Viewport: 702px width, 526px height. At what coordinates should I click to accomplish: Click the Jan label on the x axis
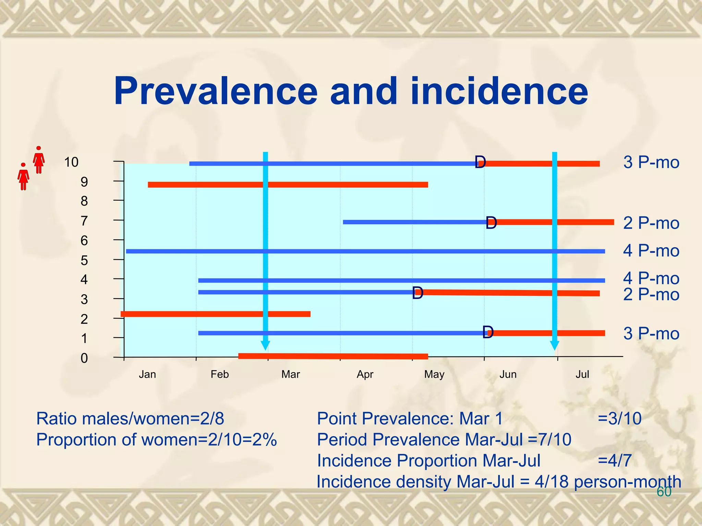(147, 374)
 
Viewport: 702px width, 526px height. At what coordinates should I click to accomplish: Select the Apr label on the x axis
(365, 374)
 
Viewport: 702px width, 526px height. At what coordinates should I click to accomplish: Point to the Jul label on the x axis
(582, 374)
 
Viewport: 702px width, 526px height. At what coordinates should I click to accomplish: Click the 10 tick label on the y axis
(71, 162)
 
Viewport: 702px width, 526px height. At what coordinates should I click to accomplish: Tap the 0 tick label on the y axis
(84, 359)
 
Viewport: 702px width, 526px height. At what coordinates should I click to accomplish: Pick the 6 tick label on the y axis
(84, 241)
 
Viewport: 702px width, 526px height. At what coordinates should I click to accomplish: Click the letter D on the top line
(480, 162)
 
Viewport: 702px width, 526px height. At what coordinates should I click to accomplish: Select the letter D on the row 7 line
(491, 223)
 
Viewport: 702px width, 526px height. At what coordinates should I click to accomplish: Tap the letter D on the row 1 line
(488, 332)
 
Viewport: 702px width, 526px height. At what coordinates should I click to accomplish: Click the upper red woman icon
(39, 160)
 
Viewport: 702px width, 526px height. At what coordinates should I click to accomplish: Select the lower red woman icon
(23, 177)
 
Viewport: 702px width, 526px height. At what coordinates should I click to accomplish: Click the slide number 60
(664, 492)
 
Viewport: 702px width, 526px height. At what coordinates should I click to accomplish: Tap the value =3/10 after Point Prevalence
(619, 418)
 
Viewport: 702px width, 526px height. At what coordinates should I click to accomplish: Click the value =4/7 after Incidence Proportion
(614, 461)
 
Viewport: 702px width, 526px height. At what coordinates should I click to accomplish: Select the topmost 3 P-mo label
(651, 162)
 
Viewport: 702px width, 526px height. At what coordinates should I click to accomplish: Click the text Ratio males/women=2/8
(130, 418)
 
